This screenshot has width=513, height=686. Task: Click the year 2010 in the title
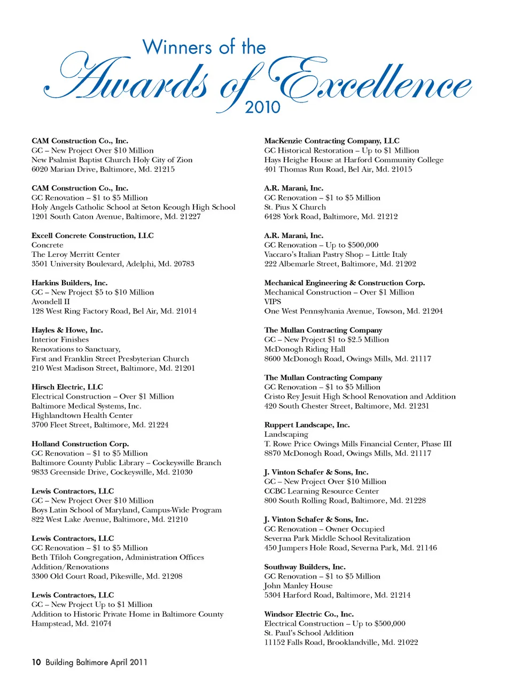[x=262, y=107]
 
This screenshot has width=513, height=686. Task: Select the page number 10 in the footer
[x=36, y=662]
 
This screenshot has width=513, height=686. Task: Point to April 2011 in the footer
[x=129, y=662]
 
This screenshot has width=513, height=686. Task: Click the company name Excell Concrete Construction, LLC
[x=92, y=235]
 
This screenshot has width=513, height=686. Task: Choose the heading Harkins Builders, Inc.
[x=69, y=283]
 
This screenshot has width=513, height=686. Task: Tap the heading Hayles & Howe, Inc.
[x=67, y=330]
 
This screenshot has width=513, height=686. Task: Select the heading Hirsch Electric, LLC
[x=67, y=387]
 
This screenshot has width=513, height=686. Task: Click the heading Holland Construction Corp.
[x=80, y=444]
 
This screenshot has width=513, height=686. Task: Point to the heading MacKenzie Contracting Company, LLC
[x=332, y=141]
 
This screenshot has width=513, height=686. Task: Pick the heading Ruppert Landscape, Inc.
[x=307, y=425]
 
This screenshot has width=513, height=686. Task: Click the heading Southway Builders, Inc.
[x=305, y=567]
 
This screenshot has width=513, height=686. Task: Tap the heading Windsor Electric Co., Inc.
[x=309, y=614]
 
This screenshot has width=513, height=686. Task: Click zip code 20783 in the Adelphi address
[x=184, y=264]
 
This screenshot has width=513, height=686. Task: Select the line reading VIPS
[x=273, y=302]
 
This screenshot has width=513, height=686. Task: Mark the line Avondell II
[x=51, y=302]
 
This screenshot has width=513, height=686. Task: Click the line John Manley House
[x=298, y=586]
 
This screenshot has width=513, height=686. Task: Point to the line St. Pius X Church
[x=295, y=207]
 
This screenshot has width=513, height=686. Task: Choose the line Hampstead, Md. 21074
[x=72, y=624]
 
